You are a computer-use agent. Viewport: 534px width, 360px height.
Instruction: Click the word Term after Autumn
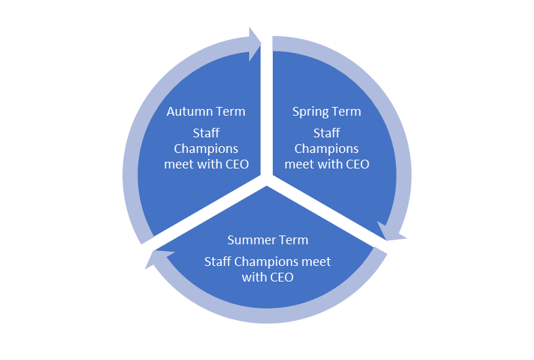point(228,111)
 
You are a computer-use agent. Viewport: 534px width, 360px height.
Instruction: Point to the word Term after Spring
point(346,111)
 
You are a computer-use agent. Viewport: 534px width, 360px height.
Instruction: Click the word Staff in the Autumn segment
point(206,133)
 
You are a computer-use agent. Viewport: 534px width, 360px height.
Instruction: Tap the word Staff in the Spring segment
point(326,133)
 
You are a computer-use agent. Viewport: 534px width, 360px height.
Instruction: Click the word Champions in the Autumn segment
point(206,148)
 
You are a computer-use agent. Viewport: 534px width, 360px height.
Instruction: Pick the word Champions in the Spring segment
point(326,148)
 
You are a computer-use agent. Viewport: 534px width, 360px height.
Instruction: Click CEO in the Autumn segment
point(233,164)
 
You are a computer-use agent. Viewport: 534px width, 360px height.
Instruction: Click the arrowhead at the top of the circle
point(255,44)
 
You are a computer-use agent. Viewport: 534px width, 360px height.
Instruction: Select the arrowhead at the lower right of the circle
point(393,231)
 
